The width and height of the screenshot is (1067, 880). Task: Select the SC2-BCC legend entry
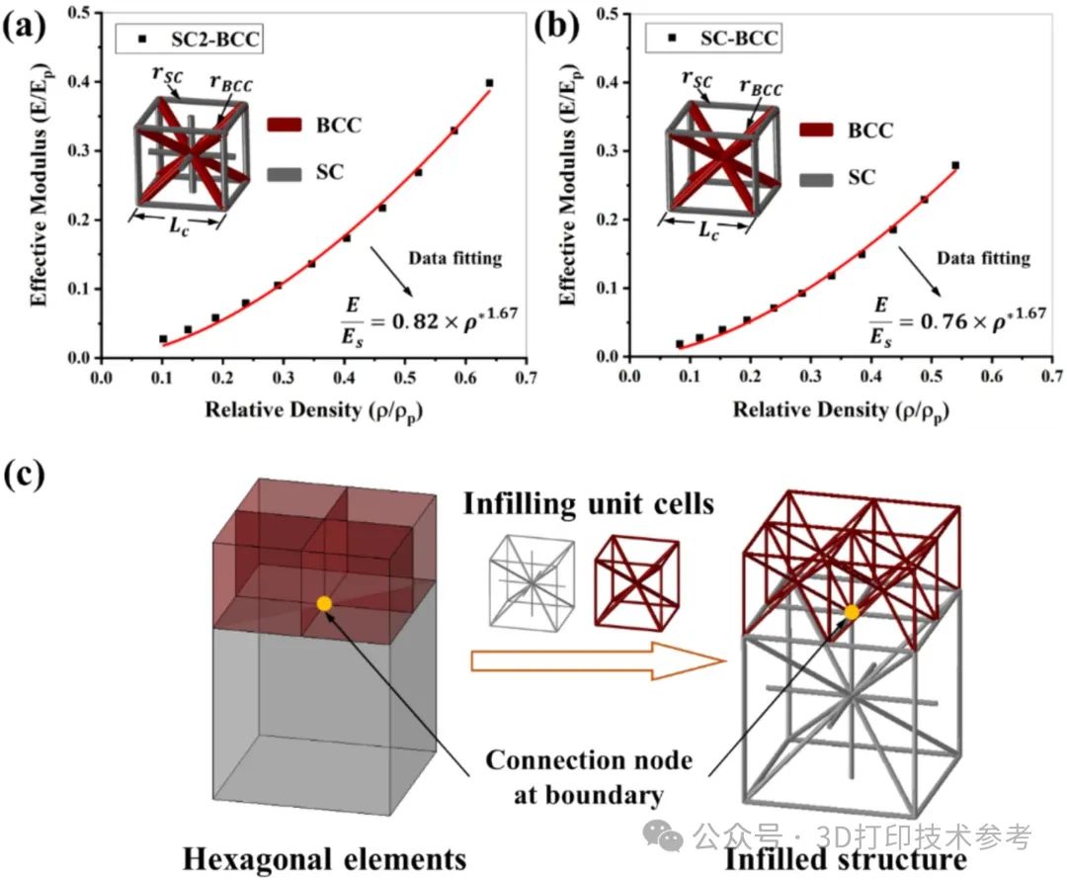(x=189, y=39)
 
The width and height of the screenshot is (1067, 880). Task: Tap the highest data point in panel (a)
(x=489, y=83)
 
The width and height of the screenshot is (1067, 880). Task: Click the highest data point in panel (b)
(x=955, y=165)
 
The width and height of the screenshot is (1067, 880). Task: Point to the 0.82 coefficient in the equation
(x=415, y=320)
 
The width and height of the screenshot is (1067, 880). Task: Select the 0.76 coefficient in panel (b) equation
(x=944, y=320)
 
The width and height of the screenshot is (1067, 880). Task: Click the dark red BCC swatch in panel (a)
(x=284, y=126)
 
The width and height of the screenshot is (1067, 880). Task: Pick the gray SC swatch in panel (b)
(x=816, y=180)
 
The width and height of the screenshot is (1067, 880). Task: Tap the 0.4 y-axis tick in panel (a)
(x=79, y=82)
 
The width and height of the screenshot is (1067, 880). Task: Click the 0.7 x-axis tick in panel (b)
(x=1052, y=376)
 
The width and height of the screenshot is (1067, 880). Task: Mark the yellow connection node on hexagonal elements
(x=324, y=603)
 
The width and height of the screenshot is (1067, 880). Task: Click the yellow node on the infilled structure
(x=852, y=612)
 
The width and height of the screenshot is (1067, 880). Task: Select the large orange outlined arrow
(x=598, y=660)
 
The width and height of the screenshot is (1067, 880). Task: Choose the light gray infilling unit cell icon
(x=533, y=583)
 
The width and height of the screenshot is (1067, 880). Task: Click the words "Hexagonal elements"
(x=325, y=858)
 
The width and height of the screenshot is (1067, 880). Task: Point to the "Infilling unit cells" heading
(x=589, y=504)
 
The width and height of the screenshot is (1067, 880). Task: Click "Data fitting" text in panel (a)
(x=455, y=258)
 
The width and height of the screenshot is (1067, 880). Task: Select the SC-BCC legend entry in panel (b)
(x=714, y=39)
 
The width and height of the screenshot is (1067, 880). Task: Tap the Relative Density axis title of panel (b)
(x=841, y=410)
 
